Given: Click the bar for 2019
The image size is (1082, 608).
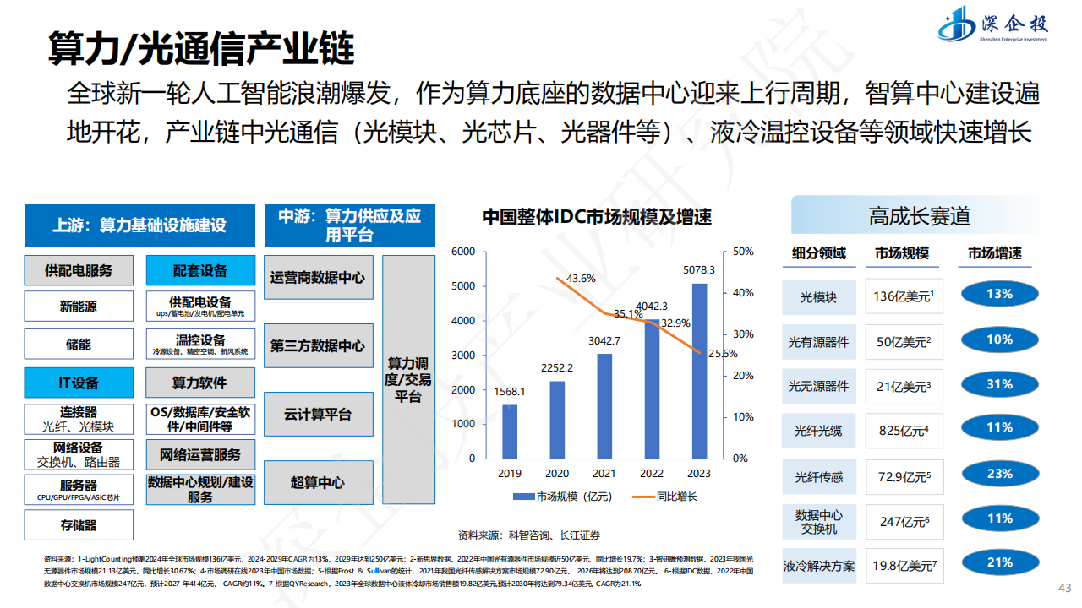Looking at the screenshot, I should tap(510, 431).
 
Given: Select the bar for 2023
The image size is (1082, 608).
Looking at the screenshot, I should tap(699, 371).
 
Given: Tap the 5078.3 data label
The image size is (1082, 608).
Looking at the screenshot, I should tap(699, 270).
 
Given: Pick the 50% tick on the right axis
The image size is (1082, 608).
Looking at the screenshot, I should tap(743, 252).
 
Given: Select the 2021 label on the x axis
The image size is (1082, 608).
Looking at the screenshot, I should tap(604, 473).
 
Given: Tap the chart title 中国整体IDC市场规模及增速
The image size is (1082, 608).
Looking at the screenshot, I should tap(597, 217).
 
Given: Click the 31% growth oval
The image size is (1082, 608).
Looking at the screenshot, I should tap(999, 384).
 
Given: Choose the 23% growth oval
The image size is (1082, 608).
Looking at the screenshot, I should tap(999, 474).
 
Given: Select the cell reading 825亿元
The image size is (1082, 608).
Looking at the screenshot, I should tap(904, 431).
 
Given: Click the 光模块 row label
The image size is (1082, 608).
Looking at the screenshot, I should tap(818, 297).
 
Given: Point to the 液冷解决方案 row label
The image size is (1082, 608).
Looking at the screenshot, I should tap(818, 566).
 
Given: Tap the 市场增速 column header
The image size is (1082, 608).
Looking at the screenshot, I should tap(994, 253).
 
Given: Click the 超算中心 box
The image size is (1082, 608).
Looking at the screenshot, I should tap(318, 483).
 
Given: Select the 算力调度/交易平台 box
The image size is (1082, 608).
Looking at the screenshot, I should tap(408, 380).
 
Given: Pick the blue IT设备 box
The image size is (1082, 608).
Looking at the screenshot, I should tap(79, 383).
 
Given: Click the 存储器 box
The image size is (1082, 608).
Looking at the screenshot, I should tap(79, 525).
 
